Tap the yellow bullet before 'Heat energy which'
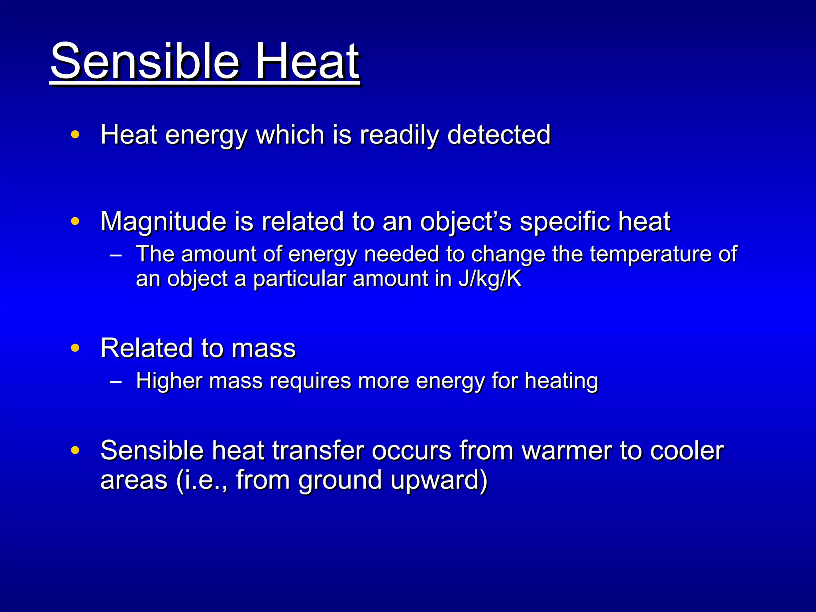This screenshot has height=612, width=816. click(75, 134)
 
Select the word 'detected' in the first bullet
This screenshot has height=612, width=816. click(499, 135)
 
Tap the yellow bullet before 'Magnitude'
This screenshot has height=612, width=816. click(75, 221)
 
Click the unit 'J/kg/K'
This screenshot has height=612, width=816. click(490, 279)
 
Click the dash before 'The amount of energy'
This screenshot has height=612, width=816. click(116, 255)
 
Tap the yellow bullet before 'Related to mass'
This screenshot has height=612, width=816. click(75, 348)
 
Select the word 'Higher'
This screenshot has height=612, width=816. click(169, 381)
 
